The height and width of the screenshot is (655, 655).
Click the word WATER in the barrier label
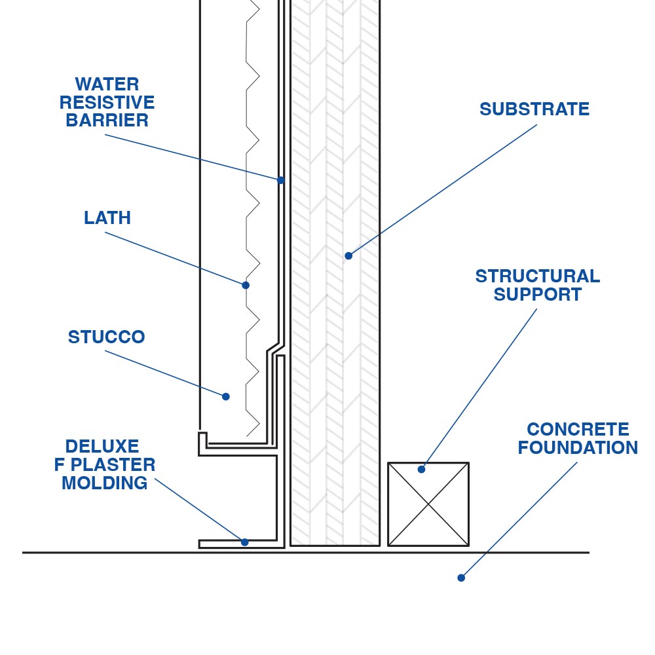point(107,84)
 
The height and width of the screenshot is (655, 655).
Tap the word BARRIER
point(107,121)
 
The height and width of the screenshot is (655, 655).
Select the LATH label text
point(107,218)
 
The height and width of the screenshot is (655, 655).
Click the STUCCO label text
point(106,337)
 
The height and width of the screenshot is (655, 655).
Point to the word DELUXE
point(102,447)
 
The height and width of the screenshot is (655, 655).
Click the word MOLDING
point(105,483)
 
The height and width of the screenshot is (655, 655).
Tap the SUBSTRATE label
point(534,109)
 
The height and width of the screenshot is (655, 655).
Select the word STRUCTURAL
point(537,276)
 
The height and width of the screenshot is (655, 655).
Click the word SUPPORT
point(537,295)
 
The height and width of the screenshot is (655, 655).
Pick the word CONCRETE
point(578,430)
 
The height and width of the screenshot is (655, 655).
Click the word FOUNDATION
point(578,448)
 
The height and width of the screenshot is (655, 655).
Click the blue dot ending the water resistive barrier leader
point(280,179)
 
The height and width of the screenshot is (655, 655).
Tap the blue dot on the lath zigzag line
point(246,285)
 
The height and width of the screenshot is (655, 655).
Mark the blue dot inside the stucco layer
point(226,396)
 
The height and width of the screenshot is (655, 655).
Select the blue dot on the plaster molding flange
point(244,542)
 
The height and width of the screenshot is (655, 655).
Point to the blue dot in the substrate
point(348,255)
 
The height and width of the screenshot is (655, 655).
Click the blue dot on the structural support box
point(421,469)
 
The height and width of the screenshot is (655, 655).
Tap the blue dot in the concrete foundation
point(461,578)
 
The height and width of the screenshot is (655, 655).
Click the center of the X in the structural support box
point(428,504)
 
